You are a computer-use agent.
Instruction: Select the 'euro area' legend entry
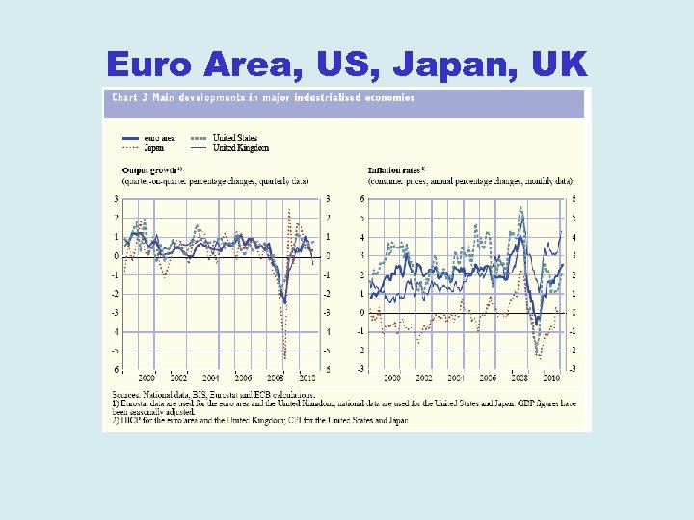pyautogui.click(x=158, y=138)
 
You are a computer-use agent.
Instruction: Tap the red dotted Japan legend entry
pyautogui.click(x=153, y=148)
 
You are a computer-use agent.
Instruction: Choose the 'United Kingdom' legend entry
pyautogui.click(x=240, y=148)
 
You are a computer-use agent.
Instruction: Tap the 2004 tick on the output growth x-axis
pyautogui.click(x=211, y=378)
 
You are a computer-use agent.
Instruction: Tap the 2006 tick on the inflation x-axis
pyautogui.click(x=488, y=378)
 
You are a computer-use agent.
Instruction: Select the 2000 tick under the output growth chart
pyautogui.click(x=147, y=378)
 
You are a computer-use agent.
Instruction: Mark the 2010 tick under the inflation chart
pyautogui.click(x=552, y=378)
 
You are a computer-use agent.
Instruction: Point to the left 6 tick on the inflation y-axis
pyautogui.click(x=361, y=199)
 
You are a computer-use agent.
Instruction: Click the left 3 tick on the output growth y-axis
pyautogui.click(x=116, y=199)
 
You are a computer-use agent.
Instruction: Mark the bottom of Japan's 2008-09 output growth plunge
pyautogui.click(x=284, y=357)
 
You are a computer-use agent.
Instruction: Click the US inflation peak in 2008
pyautogui.click(x=520, y=207)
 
